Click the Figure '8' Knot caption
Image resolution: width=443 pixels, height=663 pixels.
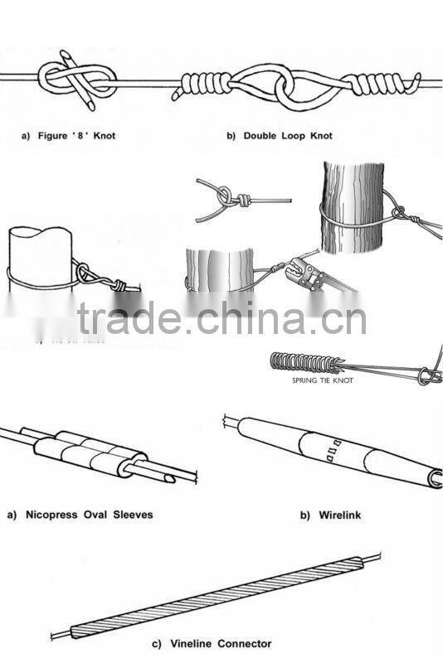pyautogui.click(x=68, y=135)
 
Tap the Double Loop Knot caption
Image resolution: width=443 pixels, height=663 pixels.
pyautogui.click(x=280, y=135)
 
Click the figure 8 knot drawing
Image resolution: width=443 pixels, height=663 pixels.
pyautogui.click(x=79, y=81)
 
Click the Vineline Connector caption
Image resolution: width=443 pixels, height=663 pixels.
pyautogui.click(x=212, y=643)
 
